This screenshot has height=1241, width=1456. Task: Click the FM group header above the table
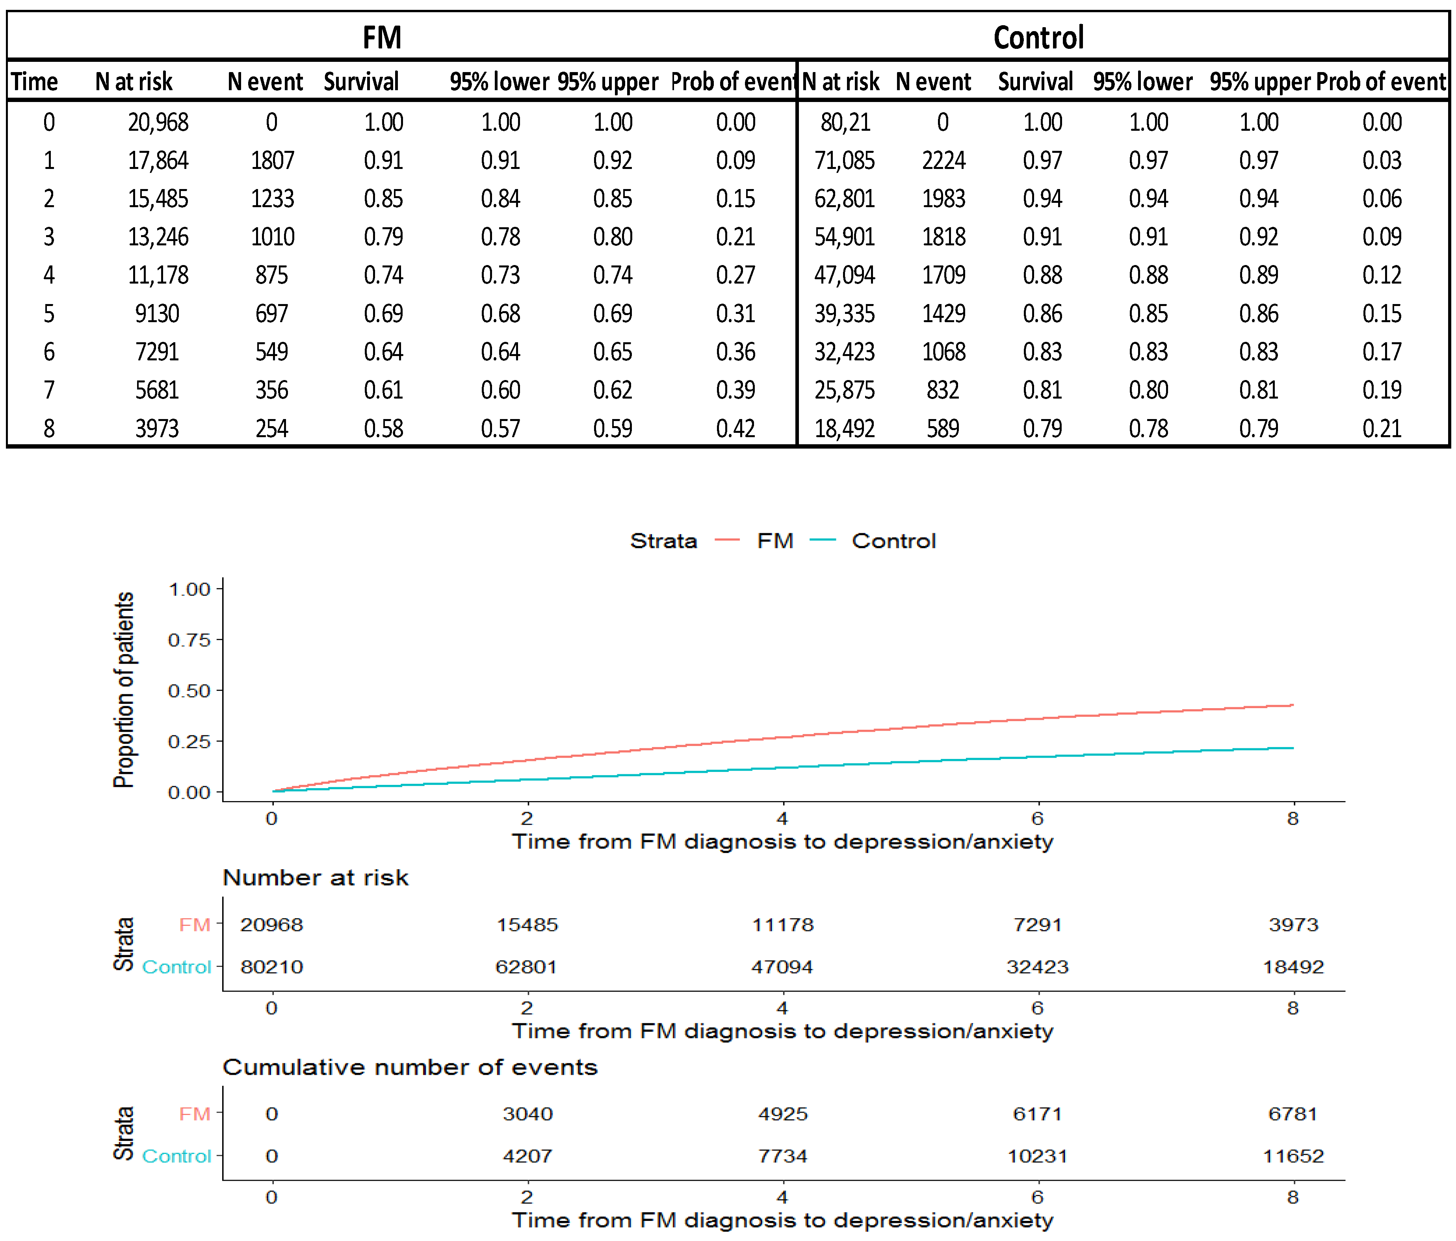click(x=382, y=37)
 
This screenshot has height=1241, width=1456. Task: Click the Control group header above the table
click(x=1038, y=37)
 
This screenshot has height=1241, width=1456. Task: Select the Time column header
click(x=34, y=82)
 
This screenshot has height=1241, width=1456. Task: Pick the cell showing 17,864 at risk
click(x=158, y=160)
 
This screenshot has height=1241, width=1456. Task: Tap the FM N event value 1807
click(x=272, y=160)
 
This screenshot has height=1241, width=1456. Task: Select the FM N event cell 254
click(x=271, y=428)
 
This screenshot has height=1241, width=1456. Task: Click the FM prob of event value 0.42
click(x=735, y=428)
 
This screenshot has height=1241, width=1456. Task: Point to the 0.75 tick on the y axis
click(x=189, y=640)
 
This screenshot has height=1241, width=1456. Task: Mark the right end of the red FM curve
click(x=1292, y=705)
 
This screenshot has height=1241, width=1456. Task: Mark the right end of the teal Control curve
click(x=1292, y=748)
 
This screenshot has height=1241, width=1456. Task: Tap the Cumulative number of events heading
click(x=410, y=1067)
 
